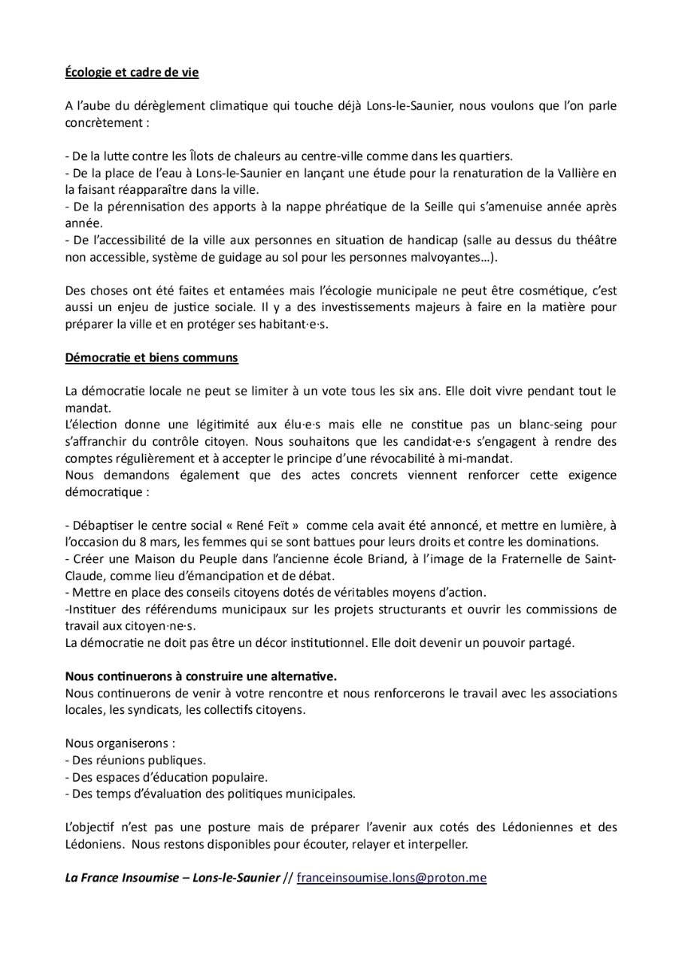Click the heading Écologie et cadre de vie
pyautogui.click(x=132, y=74)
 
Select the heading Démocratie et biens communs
pyautogui.click(x=151, y=358)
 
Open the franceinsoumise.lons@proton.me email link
pyautogui.click(x=391, y=877)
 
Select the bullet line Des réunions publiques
pyautogui.click(x=135, y=760)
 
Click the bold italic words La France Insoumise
pyautogui.click(x=120, y=877)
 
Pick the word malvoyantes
pyautogui.click(x=438, y=256)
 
